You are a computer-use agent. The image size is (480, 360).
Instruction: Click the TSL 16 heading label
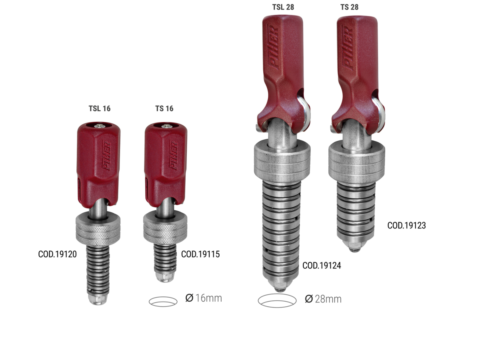pyautogui.click(x=100, y=108)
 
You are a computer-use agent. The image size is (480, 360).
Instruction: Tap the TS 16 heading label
pyautogui.click(x=164, y=108)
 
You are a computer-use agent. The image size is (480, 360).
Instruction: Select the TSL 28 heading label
pyautogui.click(x=283, y=7)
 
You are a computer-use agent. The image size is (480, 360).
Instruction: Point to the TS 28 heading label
pyautogui.click(x=350, y=7)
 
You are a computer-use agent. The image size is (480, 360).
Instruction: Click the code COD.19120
pyautogui.click(x=57, y=254)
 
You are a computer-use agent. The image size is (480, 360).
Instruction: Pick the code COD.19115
pyautogui.click(x=200, y=254)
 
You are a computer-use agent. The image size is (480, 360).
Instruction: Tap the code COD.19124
pyautogui.click(x=322, y=266)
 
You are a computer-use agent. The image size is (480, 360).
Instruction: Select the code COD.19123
pyautogui.click(x=406, y=226)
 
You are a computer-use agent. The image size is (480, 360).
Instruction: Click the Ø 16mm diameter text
pyautogui.click(x=204, y=298)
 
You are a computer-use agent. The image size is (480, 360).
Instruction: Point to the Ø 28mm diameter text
pyautogui.click(x=323, y=299)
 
